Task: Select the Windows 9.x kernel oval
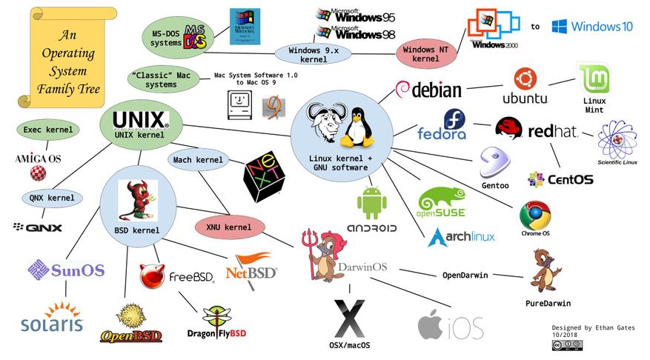click(x=314, y=54)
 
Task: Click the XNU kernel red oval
click(x=229, y=227)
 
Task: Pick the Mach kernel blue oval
click(x=198, y=159)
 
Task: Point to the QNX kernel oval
click(x=51, y=199)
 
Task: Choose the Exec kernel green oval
click(x=48, y=130)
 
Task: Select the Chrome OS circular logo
click(x=534, y=215)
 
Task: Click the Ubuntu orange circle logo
click(x=525, y=79)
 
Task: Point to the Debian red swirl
click(x=403, y=90)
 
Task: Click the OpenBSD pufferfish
click(x=122, y=316)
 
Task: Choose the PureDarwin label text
click(x=548, y=303)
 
